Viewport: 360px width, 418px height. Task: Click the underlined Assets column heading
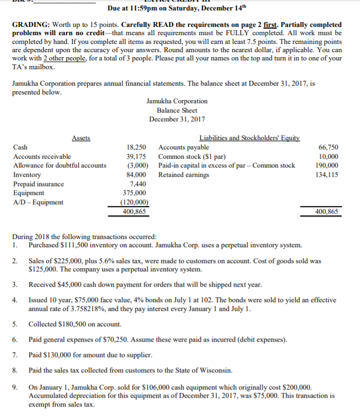(81, 138)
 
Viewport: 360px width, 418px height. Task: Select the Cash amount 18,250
(137, 147)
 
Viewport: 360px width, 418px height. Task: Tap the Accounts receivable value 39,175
(137, 157)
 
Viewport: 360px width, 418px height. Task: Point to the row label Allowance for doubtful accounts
(59, 165)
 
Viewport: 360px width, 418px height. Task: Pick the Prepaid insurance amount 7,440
(138, 184)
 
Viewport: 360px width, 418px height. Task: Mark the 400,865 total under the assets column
(134, 211)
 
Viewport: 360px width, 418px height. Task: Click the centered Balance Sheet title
(177, 110)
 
